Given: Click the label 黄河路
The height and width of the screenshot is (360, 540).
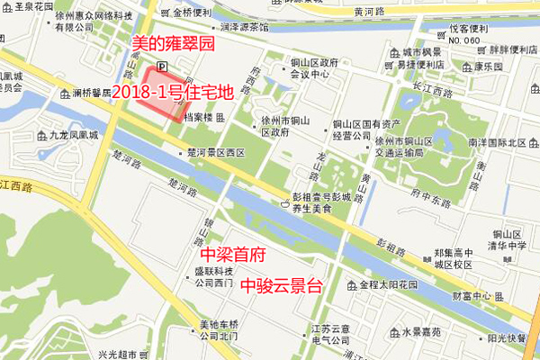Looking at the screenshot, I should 372,12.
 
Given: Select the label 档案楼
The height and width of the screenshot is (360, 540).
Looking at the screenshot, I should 196,117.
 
